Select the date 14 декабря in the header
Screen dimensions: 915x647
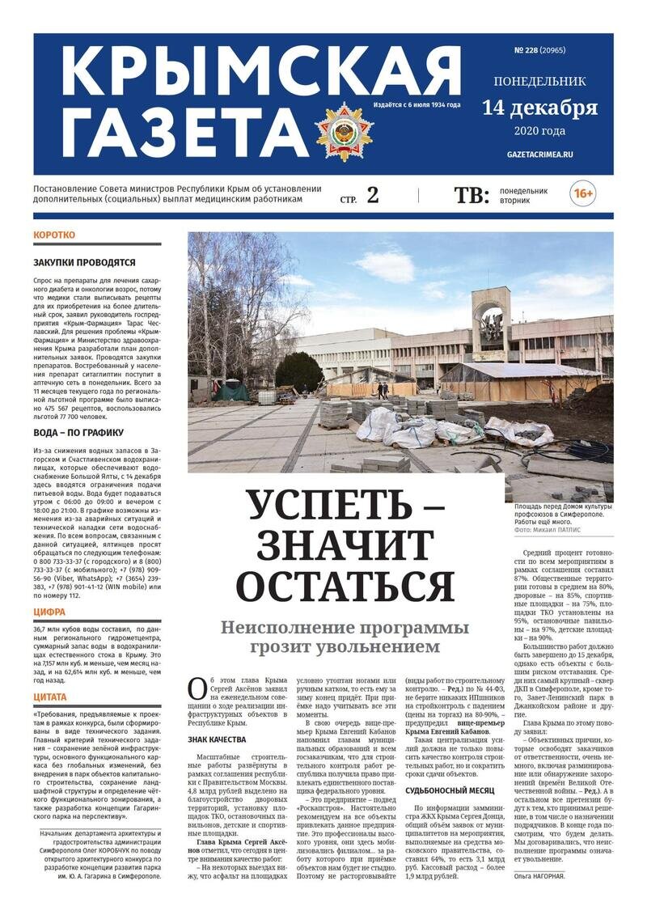pyautogui.click(x=539, y=108)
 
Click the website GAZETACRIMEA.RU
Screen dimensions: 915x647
pyautogui.click(x=539, y=154)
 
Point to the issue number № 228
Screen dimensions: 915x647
pyautogui.click(x=526, y=50)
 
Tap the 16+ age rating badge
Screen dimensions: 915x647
pyautogui.click(x=583, y=194)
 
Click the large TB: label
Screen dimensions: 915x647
pyautogui.click(x=471, y=195)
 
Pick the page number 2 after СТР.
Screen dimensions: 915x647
pyautogui.click(x=373, y=195)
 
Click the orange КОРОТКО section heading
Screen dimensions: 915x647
pyautogui.click(x=54, y=235)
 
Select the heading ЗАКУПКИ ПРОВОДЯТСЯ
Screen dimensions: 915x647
pyautogui.click(x=84, y=262)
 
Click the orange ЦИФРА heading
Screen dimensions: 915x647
pyautogui.click(x=49, y=612)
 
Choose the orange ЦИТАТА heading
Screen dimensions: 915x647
pyautogui.click(x=50, y=697)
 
